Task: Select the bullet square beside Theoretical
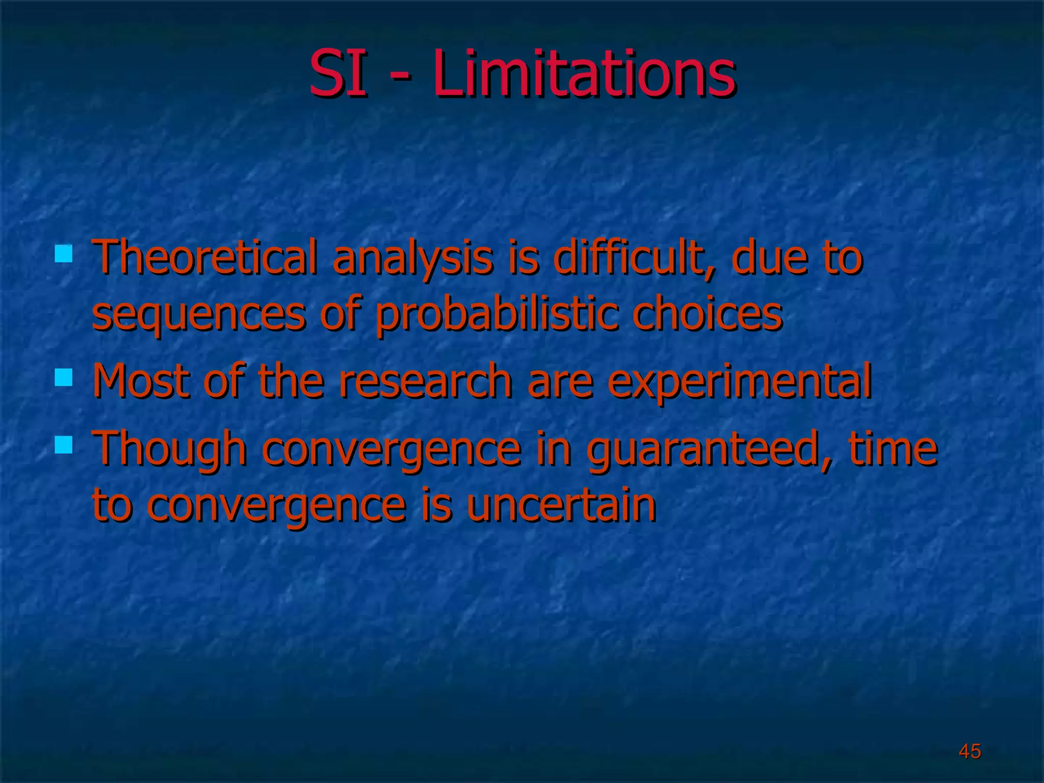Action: tap(64, 253)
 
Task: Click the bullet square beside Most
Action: tap(64, 378)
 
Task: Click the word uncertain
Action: tap(561, 505)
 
